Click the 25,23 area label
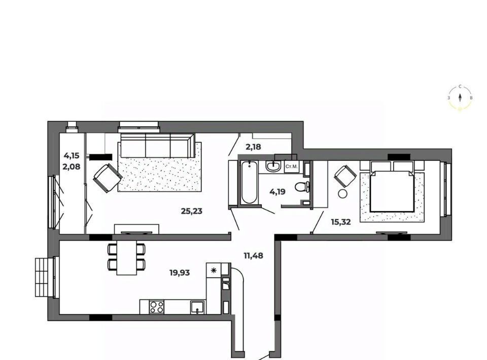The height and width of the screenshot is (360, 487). [192, 211]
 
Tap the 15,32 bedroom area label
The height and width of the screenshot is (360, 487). [341, 222]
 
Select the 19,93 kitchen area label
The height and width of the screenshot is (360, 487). [180, 273]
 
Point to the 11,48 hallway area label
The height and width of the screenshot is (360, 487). [254, 256]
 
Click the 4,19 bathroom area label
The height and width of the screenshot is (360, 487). [277, 192]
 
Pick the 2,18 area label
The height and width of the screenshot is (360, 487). [254, 147]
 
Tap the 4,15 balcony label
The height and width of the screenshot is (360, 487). [72, 156]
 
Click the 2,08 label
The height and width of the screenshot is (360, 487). [72, 167]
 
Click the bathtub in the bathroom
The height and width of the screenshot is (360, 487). [250, 183]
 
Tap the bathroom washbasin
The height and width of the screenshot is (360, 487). [273, 166]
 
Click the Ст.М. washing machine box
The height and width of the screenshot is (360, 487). [291, 167]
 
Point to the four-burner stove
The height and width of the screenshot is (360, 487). [157, 307]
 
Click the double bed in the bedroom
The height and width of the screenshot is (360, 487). [392, 191]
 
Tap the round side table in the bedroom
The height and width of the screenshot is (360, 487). [343, 194]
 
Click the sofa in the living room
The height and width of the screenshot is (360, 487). [158, 145]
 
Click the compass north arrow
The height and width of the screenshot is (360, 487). [460, 98]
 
